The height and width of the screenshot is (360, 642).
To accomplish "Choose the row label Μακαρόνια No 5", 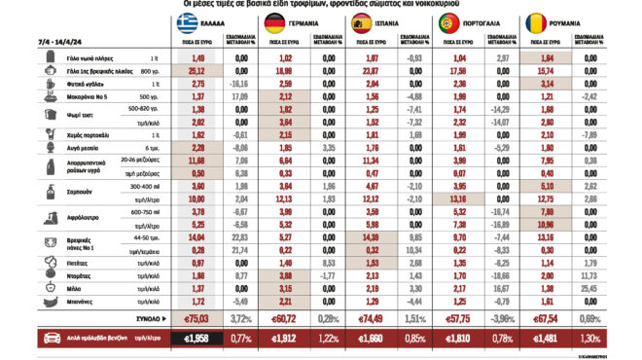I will click(x=70, y=98).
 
